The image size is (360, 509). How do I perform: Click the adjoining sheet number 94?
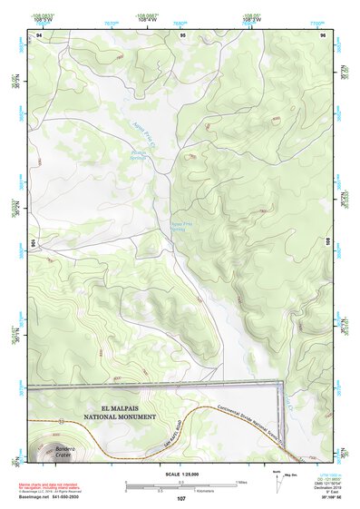point(39,35)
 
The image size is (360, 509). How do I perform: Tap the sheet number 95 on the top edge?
point(182,35)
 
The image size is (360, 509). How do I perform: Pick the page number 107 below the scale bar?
point(181,499)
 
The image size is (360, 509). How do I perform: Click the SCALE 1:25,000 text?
point(180,474)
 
